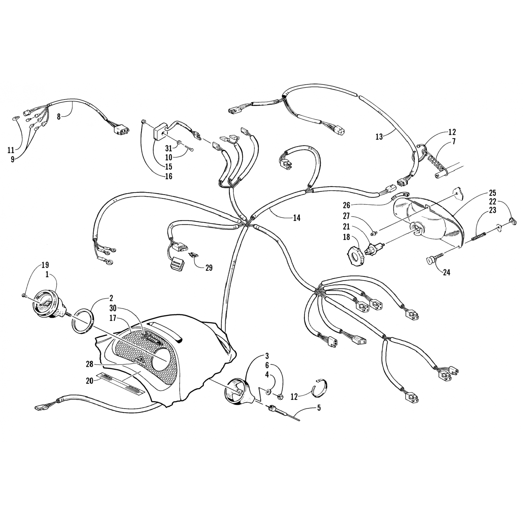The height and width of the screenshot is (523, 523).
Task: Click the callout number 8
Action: (x=59, y=116)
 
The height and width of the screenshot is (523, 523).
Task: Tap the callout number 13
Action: (x=379, y=137)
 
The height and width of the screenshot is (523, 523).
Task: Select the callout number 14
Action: (x=296, y=218)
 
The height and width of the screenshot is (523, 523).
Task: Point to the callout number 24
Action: (x=446, y=272)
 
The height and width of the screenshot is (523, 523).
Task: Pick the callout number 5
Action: (x=319, y=408)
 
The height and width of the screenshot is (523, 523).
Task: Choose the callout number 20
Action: (x=90, y=380)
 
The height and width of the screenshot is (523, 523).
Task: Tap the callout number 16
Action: (x=169, y=176)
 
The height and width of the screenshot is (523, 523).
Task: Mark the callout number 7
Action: (x=453, y=142)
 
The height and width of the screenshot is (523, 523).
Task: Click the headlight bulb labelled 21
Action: (x=373, y=249)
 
